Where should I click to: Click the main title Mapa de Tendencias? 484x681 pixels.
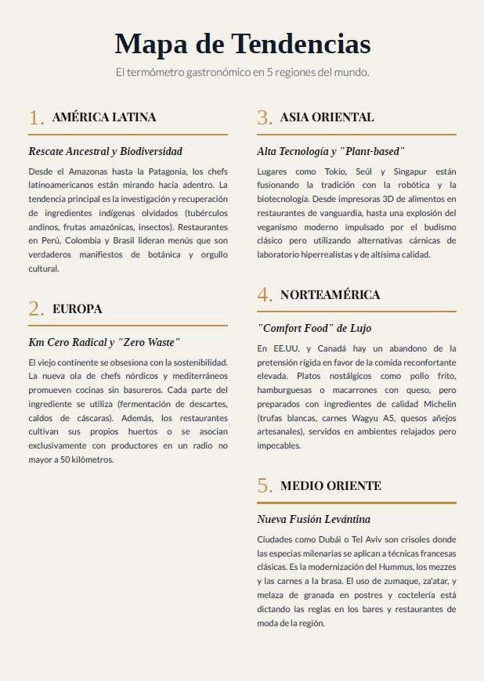click(242, 43)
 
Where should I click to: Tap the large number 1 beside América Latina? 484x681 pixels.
click(36, 118)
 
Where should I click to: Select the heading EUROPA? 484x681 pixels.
click(78, 308)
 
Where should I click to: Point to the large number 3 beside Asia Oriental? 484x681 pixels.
click(264, 118)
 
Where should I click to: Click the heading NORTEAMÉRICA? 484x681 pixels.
click(330, 295)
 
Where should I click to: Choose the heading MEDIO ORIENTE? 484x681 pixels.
click(330, 486)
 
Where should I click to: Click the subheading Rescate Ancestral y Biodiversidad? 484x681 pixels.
click(105, 150)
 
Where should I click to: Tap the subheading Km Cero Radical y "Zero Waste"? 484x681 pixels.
click(104, 342)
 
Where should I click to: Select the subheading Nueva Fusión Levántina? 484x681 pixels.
click(313, 519)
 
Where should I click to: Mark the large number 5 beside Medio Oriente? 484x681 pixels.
click(264, 486)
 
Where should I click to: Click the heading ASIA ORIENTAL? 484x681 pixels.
click(327, 117)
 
